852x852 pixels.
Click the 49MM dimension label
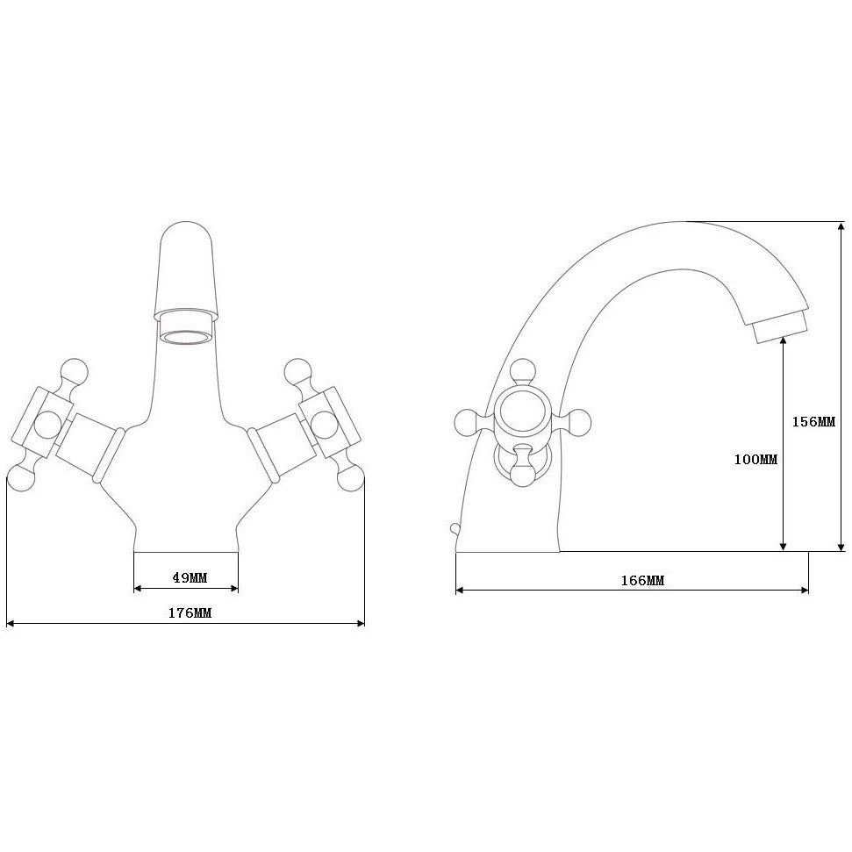tap(190, 577)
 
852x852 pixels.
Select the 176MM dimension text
tap(190, 613)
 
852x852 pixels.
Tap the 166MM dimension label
tap(642, 580)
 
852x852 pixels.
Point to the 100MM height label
tap(755, 459)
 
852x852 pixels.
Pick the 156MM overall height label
tap(813, 421)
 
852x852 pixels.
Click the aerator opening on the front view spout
tap(186, 338)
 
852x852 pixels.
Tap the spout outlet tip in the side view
tap(781, 330)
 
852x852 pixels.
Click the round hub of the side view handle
tap(522, 411)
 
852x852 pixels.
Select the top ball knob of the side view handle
tap(523, 370)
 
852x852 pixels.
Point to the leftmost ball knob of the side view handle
tap(466, 422)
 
